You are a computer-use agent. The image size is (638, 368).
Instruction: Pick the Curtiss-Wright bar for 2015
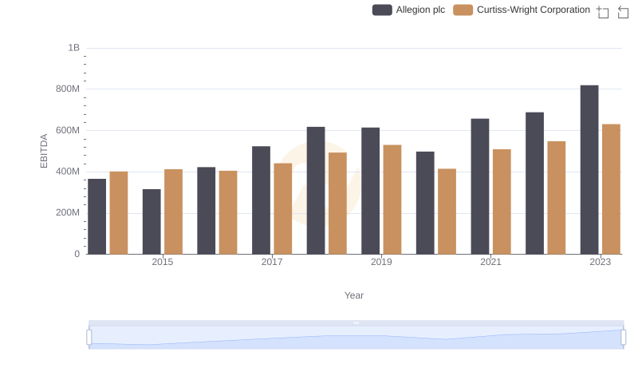tap(173, 212)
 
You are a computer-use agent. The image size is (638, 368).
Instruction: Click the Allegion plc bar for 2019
tap(370, 191)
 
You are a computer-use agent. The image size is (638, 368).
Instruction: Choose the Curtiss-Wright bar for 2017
tap(283, 208)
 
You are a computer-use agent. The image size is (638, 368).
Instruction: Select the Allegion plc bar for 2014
tap(96, 216)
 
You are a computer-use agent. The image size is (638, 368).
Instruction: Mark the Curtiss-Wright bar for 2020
tap(447, 212)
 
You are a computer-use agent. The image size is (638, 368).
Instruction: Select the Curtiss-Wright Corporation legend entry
tap(522, 10)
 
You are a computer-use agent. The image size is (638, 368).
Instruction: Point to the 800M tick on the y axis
tap(68, 89)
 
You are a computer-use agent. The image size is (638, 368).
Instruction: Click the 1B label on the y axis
tap(73, 48)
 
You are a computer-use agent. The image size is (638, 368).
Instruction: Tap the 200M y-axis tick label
tap(68, 212)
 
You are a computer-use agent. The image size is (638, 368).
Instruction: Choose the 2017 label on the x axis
tap(272, 262)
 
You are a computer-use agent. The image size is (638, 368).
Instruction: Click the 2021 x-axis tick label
tap(491, 262)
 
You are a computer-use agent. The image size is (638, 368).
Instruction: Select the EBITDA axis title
tap(45, 151)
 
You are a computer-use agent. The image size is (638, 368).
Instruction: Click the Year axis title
tap(354, 295)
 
